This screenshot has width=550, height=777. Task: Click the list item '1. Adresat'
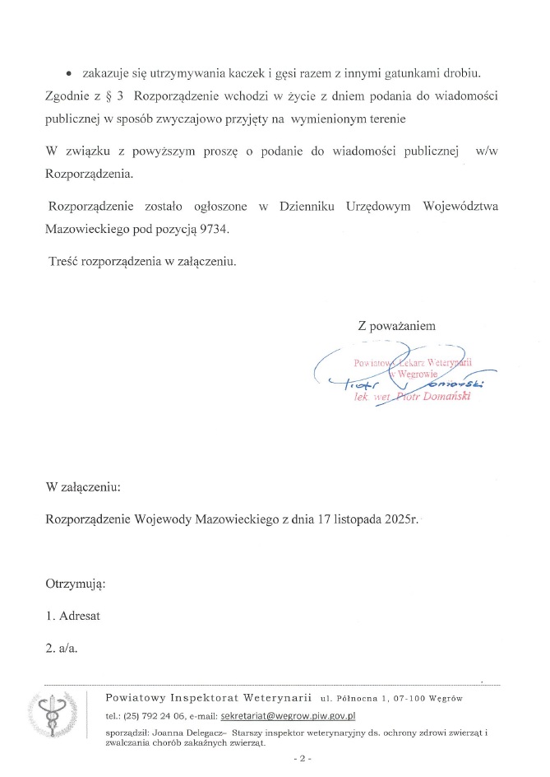pyautogui.click(x=72, y=616)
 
